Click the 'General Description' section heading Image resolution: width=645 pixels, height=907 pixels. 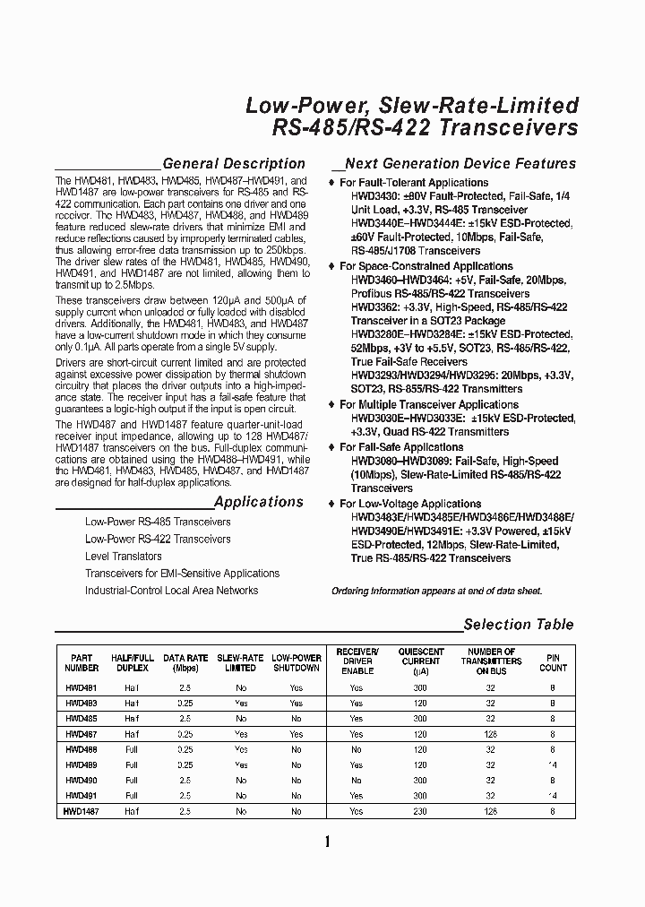tap(234, 164)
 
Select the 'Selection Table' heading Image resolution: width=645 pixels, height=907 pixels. tap(518, 625)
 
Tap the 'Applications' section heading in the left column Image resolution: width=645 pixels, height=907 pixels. tap(259, 503)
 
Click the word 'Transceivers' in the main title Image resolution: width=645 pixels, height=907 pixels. tap(509, 128)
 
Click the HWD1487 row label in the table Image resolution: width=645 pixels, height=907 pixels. tap(81, 810)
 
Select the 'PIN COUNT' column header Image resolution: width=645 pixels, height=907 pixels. tap(553, 662)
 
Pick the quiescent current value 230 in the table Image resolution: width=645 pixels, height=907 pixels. tap(421, 810)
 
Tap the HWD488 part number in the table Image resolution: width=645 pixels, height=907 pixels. tap(81, 749)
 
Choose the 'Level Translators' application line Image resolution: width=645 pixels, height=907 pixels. tap(123, 557)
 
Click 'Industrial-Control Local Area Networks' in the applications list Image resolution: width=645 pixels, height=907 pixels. tap(171, 591)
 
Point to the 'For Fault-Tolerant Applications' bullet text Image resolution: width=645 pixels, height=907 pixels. tap(414, 183)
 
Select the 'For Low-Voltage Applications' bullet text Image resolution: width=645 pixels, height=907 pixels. tap(410, 504)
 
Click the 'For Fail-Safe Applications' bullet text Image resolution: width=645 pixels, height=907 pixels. tap(401, 446)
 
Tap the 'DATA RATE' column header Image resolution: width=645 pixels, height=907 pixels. tap(185, 662)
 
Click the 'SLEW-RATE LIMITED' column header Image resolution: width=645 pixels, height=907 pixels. tap(240, 662)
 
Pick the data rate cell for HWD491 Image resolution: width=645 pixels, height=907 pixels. tap(185, 795)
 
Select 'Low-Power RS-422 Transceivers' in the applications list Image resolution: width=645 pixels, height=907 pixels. tap(158, 540)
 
